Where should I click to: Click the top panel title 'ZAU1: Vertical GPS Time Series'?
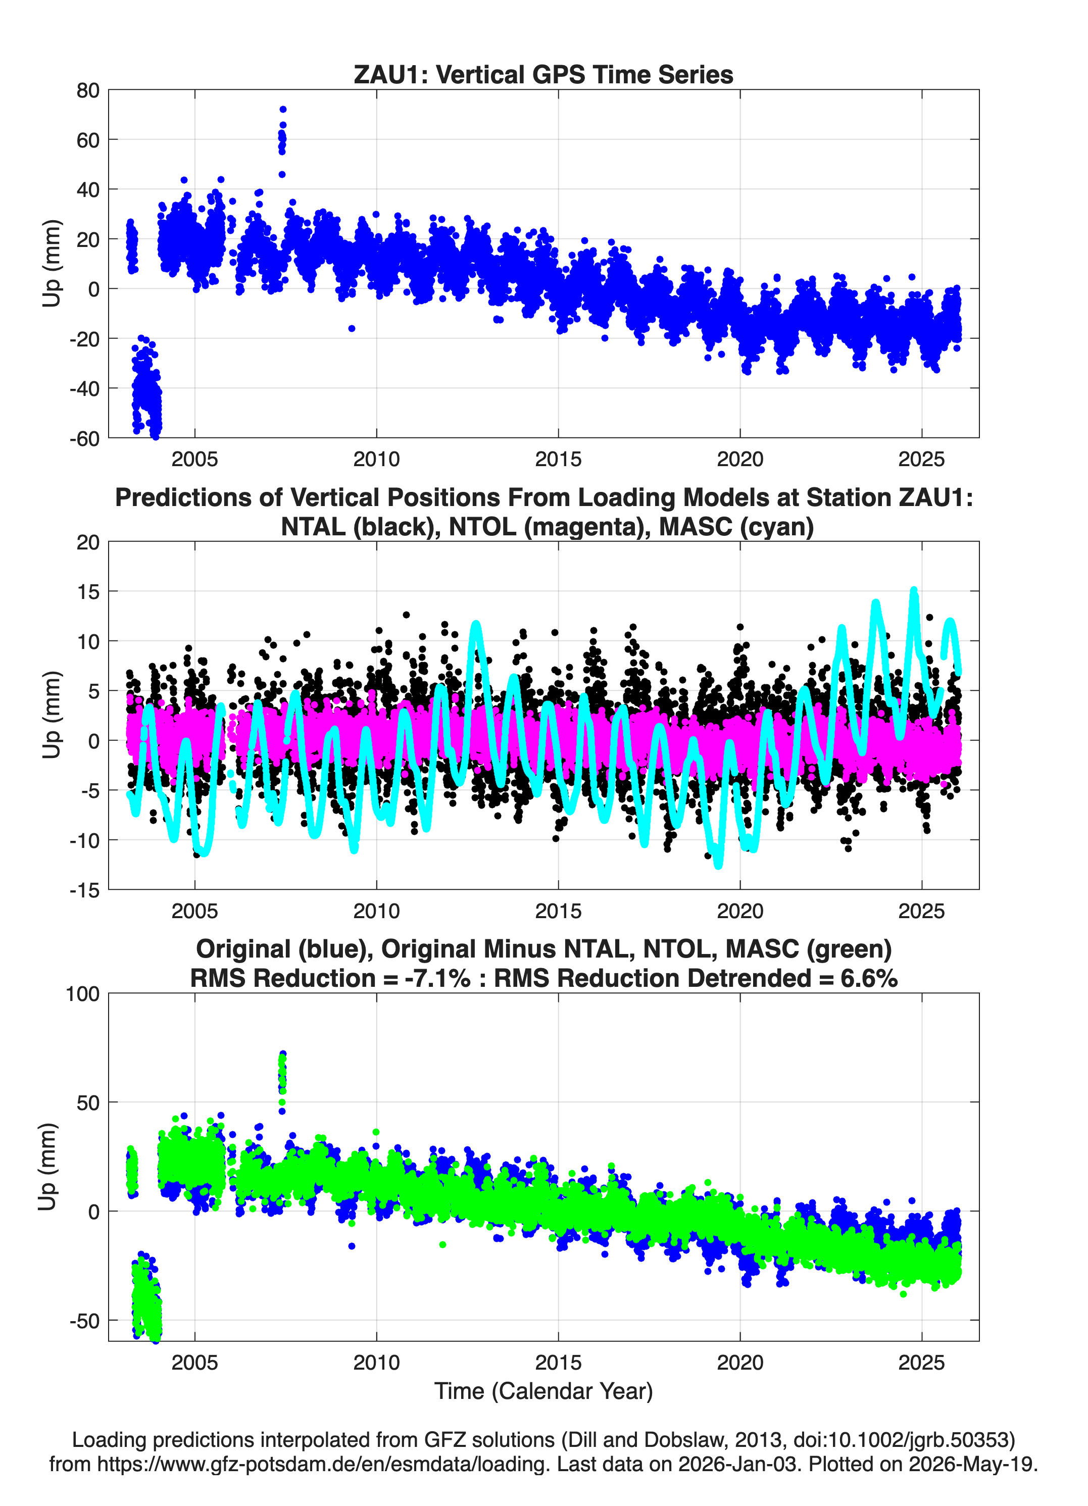click(543, 74)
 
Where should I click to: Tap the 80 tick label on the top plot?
click(88, 90)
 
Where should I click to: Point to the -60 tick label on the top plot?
click(84, 438)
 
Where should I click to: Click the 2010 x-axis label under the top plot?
click(377, 459)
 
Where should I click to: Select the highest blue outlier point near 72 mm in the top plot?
click(283, 110)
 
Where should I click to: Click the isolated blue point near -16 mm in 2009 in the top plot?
click(352, 329)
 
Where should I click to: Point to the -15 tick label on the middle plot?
click(84, 890)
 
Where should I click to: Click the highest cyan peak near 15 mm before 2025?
click(914, 590)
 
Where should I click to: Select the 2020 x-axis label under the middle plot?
click(740, 911)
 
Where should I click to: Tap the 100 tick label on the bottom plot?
click(82, 994)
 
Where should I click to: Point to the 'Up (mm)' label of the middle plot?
click(51, 715)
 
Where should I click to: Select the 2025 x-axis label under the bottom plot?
click(921, 1363)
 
